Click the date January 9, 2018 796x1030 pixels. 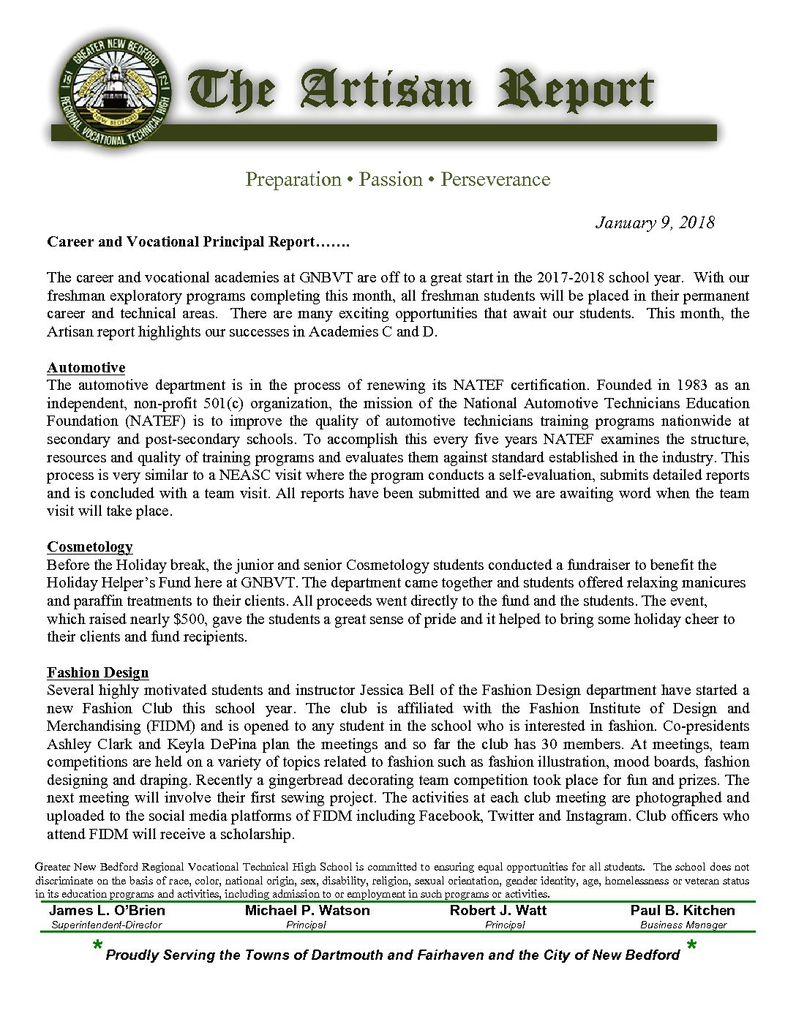655,222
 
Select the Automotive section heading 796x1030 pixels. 86,367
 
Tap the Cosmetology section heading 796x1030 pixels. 90,546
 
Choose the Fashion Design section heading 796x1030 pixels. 97,672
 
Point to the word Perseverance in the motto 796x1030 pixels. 495,179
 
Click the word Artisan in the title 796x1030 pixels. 386,91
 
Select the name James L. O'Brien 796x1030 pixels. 107,911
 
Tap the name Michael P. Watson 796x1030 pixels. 307,911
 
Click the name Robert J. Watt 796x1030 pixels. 498,911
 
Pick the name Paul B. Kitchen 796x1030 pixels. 683,911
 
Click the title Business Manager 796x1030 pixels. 683,925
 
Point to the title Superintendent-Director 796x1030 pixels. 107,925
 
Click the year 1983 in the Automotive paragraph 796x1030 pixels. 692,385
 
